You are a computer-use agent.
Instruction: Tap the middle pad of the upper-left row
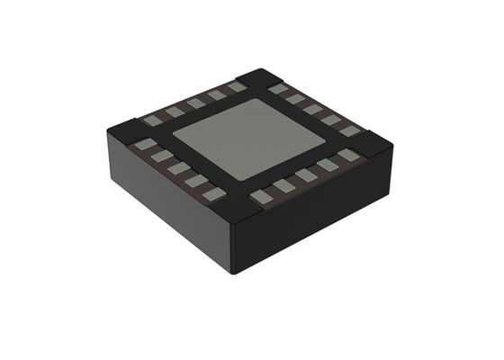196,103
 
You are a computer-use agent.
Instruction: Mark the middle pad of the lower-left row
179,167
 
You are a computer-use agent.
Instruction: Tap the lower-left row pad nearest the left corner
144,143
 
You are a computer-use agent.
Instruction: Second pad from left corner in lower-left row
161,156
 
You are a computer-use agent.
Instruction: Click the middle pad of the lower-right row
307,175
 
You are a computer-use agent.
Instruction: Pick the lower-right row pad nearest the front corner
261,196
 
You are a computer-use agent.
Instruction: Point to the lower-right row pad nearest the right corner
348,155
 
